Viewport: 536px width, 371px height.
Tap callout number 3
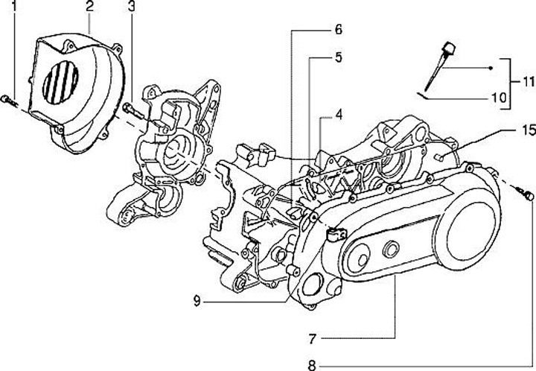click(131, 8)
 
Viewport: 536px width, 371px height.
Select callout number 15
click(526, 130)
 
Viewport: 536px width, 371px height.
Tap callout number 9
click(196, 301)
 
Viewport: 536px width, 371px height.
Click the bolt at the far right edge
click(527, 195)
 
